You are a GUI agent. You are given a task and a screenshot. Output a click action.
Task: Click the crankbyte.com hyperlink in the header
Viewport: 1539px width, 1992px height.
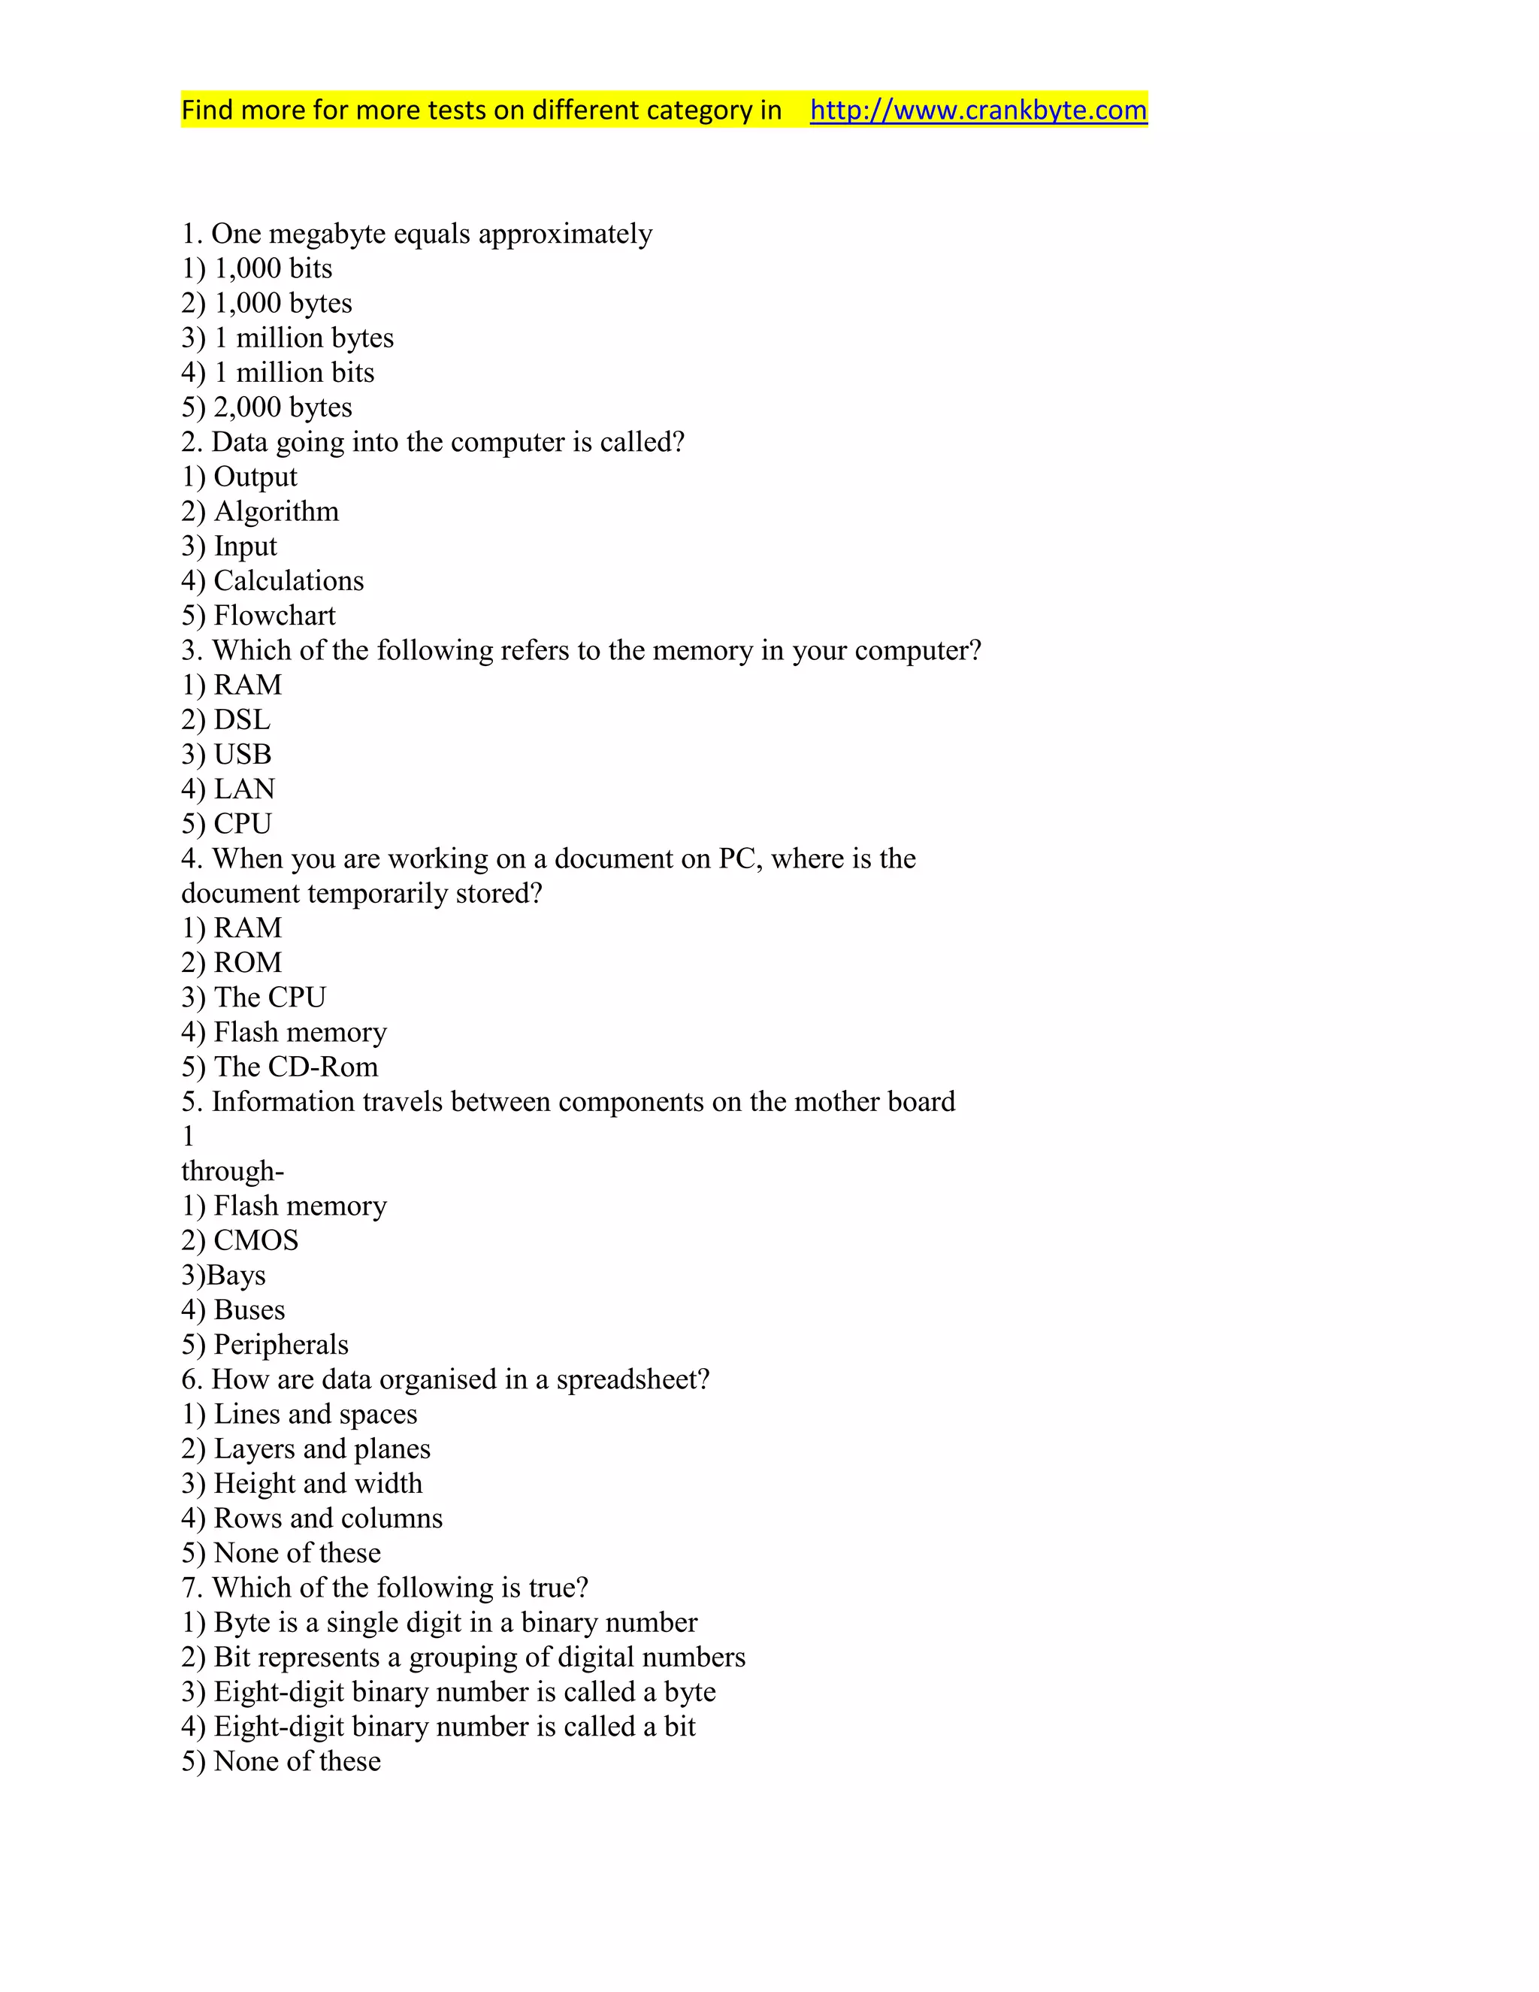click(x=978, y=110)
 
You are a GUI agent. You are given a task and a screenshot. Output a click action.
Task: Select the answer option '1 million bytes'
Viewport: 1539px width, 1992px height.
click(x=288, y=338)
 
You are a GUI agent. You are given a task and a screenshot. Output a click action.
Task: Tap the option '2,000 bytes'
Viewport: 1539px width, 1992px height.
click(x=267, y=407)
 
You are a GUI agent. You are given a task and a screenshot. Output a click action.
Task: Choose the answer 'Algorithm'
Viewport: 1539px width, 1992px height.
click(x=260, y=512)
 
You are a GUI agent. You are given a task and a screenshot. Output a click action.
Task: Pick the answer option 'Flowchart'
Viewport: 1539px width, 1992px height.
click(x=259, y=616)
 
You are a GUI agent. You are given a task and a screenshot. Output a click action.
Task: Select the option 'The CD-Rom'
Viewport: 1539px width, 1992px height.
click(x=280, y=1067)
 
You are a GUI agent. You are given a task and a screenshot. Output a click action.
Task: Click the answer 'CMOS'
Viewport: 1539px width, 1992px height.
click(x=240, y=1241)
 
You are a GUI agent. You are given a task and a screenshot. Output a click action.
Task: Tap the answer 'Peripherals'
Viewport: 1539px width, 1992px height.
click(x=265, y=1346)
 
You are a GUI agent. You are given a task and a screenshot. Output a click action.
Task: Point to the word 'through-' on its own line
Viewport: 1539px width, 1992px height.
click(x=232, y=1171)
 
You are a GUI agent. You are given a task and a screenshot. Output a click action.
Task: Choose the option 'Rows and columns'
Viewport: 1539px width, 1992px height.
click(x=312, y=1518)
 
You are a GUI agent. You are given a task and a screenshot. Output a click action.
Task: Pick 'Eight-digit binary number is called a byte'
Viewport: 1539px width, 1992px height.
click(x=449, y=1692)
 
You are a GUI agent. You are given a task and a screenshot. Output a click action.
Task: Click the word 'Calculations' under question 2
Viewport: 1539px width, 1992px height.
click(x=288, y=581)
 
